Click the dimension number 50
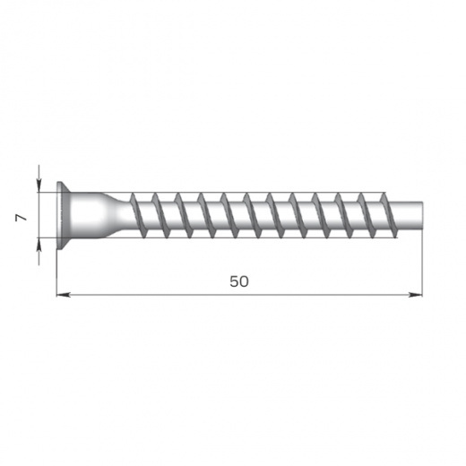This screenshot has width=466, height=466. [239, 281]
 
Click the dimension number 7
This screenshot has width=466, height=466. [22, 218]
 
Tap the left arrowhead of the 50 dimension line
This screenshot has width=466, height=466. [64, 295]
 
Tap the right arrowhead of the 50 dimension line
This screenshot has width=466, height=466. [416, 295]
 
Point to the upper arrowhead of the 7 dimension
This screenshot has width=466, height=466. [39, 186]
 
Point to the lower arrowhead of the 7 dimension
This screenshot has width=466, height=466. [39, 245]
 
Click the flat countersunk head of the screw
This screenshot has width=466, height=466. [63, 215]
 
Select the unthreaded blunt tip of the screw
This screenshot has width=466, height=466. [409, 216]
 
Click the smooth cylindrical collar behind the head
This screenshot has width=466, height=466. [87, 215]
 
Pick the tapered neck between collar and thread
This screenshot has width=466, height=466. [117, 215]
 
